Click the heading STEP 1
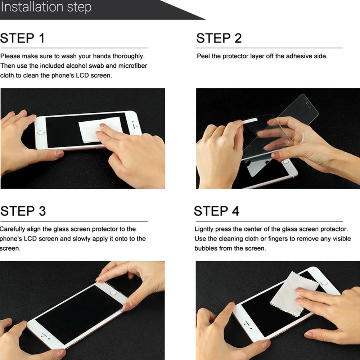pos(22,38)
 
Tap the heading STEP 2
pos(219,38)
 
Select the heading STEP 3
pos(23,211)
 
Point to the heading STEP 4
pos(216,211)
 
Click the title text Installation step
pos(46,7)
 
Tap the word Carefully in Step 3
pos(12,229)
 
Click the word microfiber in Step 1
pos(133,66)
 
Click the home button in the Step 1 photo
pos(41,132)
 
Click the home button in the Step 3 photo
pos(113,293)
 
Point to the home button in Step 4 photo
pos(324,282)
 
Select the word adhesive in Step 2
pos(297,56)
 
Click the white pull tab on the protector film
pos(250,121)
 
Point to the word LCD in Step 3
pos(30,239)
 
